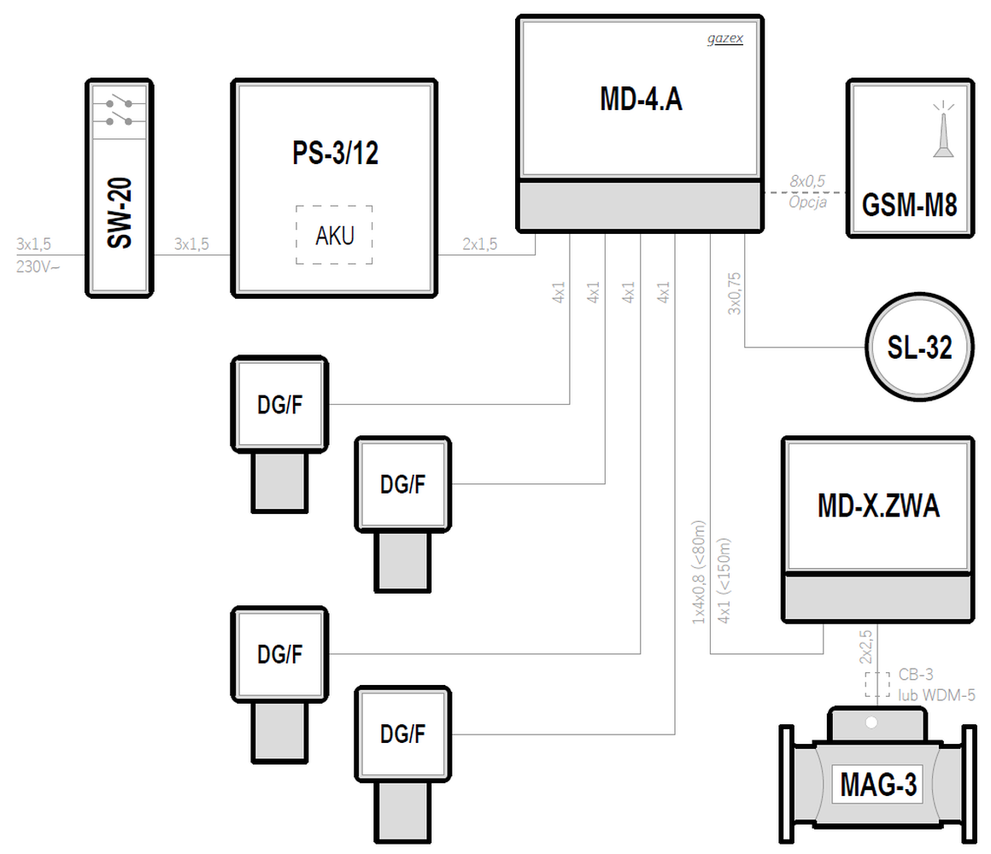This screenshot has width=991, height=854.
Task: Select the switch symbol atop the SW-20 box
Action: [x=120, y=111]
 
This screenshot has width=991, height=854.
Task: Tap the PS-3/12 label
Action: [x=335, y=155]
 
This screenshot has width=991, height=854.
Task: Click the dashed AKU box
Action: [x=334, y=235]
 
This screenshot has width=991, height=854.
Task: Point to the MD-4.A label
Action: [x=640, y=100]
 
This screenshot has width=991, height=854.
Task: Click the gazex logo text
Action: [x=724, y=39]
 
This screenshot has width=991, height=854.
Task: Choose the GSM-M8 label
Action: [x=909, y=206]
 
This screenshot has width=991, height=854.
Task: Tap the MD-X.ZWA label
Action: [x=877, y=506]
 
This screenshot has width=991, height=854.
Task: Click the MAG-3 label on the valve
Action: [x=877, y=784]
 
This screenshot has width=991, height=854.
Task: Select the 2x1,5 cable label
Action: [x=480, y=244]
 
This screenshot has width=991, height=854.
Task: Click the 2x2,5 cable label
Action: [x=865, y=646]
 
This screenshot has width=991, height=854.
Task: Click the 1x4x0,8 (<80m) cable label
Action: [x=698, y=570]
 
